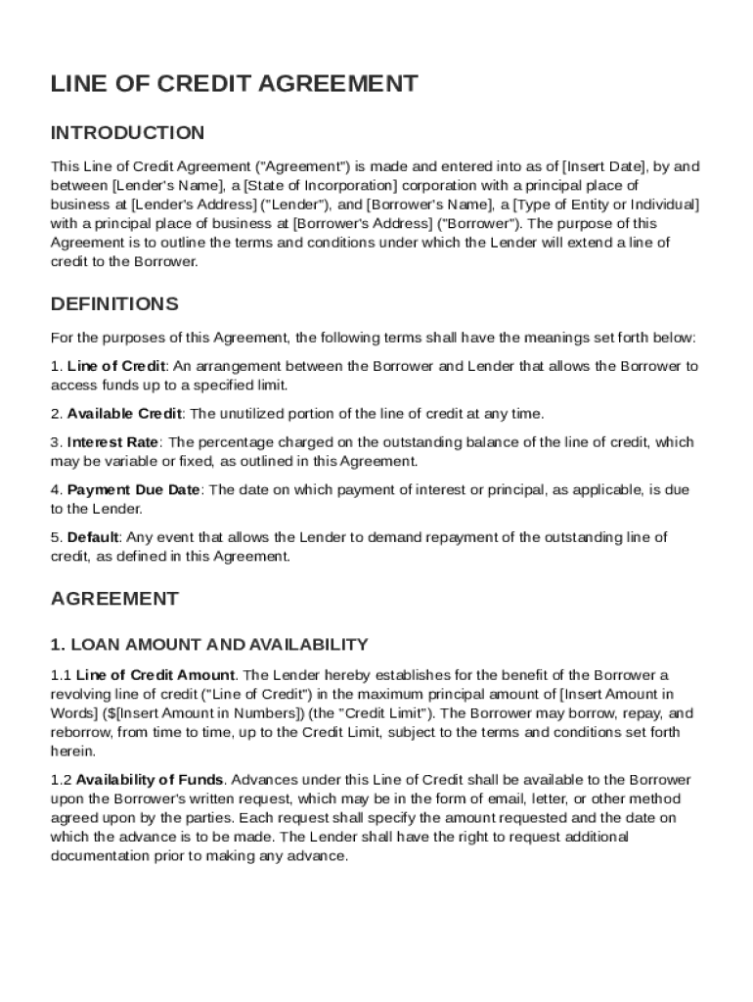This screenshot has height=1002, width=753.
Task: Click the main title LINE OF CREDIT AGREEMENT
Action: pyautogui.click(x=235, y=84)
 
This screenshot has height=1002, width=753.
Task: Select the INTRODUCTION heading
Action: pyautogui.click(x=127, y=133)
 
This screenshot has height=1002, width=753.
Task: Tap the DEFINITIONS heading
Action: pyautogui.click(x=114, y=304)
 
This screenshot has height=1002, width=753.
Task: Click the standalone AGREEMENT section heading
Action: pyautogui.click(x=114, y=599)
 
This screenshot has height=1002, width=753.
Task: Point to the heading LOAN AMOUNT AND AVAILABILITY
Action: pyautogui.click(x=209, y=644)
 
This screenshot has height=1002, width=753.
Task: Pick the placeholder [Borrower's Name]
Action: pyautogui.click(x=427, y=205)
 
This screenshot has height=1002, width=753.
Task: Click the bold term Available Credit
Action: pyautogui.click(x=124, y=414)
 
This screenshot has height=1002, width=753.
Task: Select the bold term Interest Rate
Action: pyautogui.click(x=112, y=442)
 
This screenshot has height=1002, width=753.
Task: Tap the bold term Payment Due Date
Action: pyautogui.click(x=133, y=489)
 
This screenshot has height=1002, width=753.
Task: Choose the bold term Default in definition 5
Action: pyautogui.click(x=93, y=537)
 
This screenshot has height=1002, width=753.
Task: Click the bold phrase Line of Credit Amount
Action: pyautogui.click(x=155, y=675)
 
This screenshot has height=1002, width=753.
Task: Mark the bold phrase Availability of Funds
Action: pyautogui.click(x=150, y=780)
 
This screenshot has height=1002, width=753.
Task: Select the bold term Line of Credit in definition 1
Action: pyautogui.click(x=116, y=367)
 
